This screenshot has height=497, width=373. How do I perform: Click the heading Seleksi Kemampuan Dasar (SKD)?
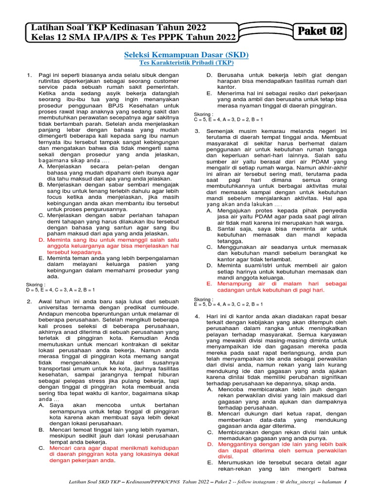click(186, 55)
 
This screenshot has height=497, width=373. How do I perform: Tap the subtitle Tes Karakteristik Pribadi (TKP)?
click(186, 63)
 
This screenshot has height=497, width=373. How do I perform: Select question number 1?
click(29, 75)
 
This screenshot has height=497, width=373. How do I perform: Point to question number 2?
click(29, 301)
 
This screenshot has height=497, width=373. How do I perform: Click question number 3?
click(197, 131)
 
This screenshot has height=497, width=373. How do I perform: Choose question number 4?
click(197, 316)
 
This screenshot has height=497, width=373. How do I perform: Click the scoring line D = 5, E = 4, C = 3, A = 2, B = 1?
click(60, 290)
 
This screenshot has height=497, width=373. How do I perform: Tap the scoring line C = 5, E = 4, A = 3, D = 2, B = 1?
click(228, 119)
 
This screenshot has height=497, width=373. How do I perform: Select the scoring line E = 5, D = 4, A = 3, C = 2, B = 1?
click(228, 304)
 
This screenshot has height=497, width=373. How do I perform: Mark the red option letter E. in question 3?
click(209, 282)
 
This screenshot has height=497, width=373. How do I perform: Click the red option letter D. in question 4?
click(210, 444)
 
